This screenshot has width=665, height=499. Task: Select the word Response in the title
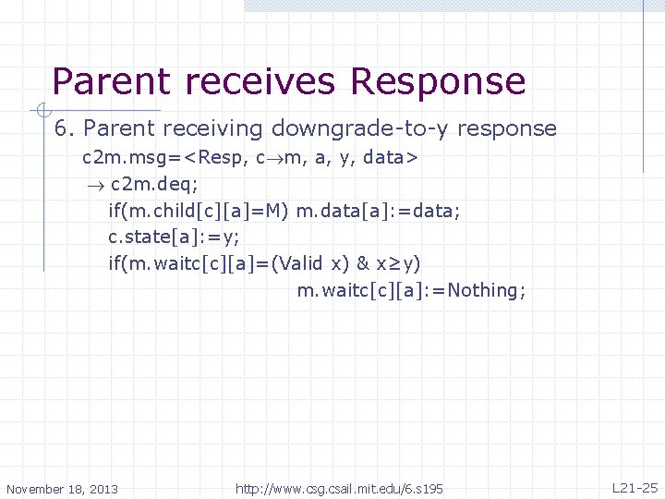coord(438,81)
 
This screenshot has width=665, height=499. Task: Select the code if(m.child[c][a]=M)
coord(198,211)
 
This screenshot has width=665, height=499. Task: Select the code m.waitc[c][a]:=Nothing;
coord(411,291)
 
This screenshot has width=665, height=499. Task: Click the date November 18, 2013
coord(62,488)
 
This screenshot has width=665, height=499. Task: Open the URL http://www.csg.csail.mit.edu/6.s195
coord(339,488)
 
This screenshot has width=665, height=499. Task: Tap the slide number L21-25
coord(635,487)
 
